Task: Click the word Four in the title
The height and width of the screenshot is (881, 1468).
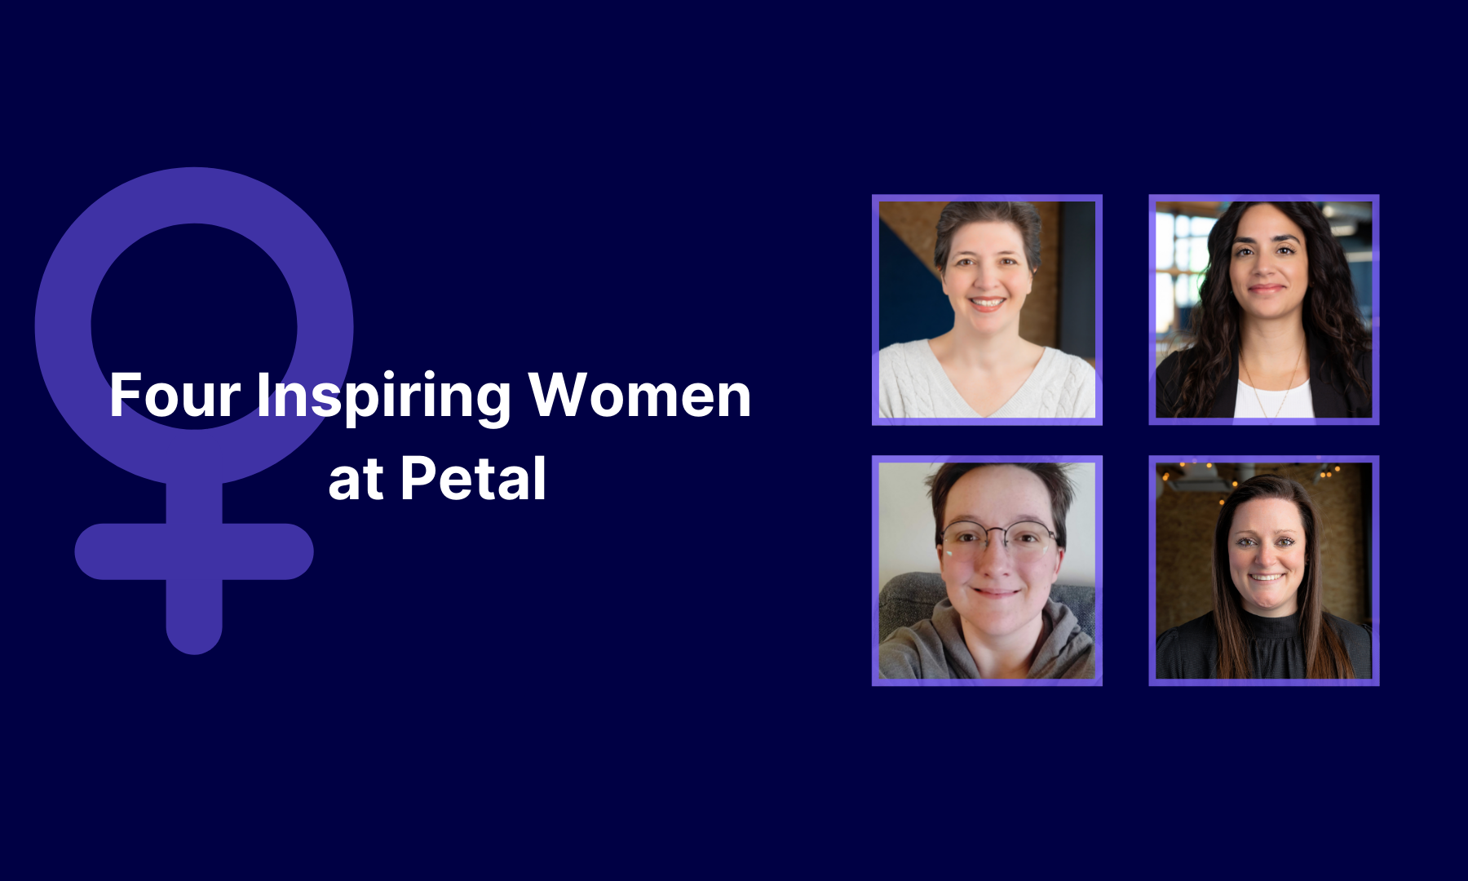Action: [175, 396]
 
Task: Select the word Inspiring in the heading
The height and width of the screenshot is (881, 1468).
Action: [384, 397]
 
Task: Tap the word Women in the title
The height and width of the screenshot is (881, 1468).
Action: [639, 396]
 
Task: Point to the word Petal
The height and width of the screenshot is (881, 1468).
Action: [473, 478]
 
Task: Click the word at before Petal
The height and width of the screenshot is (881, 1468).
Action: [356, 481]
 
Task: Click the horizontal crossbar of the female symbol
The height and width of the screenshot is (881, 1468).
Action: [194, 551]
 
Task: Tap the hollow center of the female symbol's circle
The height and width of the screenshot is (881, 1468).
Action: [194, 326]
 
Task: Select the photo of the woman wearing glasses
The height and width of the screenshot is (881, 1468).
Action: [987, 570]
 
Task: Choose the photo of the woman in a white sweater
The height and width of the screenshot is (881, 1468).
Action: [987, 310]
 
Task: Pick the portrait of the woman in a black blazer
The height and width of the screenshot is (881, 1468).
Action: [1264, 310]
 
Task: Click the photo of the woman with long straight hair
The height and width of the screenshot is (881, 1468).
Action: [1264, 570]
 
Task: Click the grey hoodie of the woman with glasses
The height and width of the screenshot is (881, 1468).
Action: [987, 644]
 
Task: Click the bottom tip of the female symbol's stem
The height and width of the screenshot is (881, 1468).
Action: [194, 653]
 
